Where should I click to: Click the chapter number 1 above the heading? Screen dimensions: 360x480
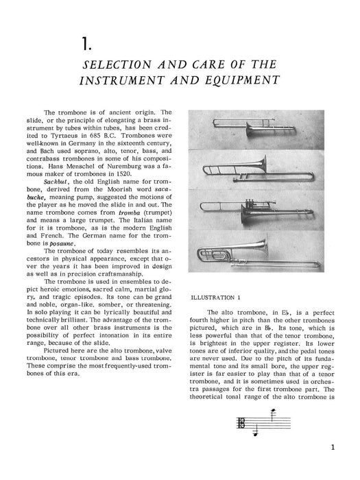[86, 43]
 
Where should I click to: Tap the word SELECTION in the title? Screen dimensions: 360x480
[117, 64]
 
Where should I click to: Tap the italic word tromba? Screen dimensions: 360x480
[129, 213]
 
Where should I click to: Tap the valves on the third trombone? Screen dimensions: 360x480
[252, 204]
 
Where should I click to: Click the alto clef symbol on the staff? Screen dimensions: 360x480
[241, 423]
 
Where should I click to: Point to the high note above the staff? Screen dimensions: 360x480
[274, 411]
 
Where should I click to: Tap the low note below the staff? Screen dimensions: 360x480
[255, 433]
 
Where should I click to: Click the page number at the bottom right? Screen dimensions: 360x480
[333, 447]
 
